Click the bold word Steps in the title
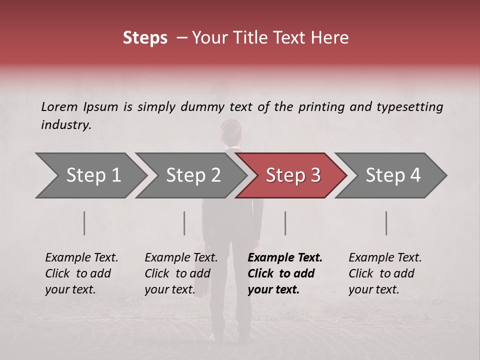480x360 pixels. pos(145,38)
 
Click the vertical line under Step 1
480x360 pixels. pos(84,223)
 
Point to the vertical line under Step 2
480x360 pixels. pos(184,223)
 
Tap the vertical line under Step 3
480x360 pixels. pos(285,223)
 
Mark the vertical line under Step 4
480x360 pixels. pos(386,223)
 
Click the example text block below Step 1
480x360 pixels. pos(81,273)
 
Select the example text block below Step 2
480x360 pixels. pos(180,273)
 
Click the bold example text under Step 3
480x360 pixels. pos(285,273)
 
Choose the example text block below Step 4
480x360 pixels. pos(384,273)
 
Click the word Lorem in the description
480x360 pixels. pos(59,107)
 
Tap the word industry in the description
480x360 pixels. pos(65,125)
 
